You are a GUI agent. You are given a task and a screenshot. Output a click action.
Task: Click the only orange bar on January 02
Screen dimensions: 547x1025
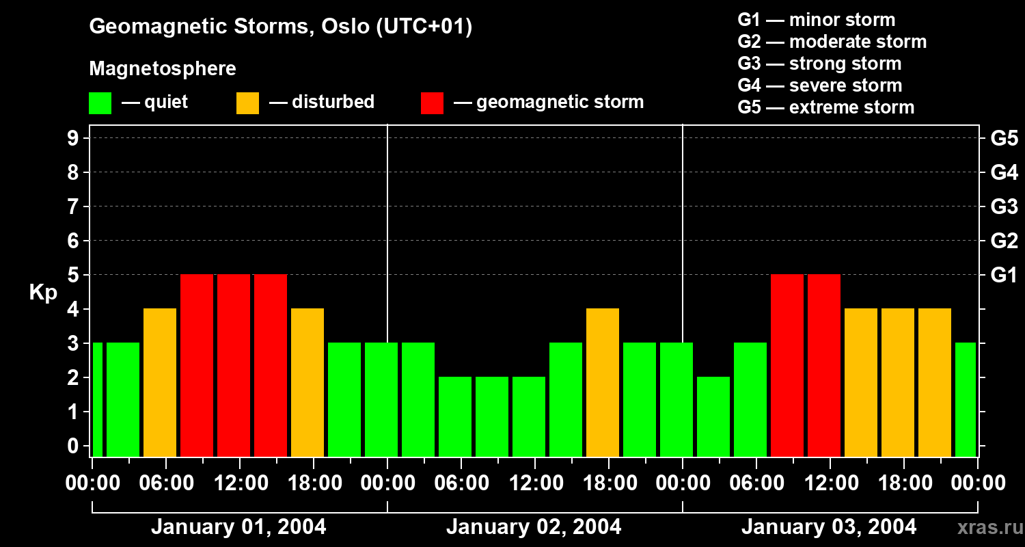point(603,382)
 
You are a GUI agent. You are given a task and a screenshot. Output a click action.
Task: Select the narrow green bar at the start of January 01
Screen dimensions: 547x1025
point(98,399)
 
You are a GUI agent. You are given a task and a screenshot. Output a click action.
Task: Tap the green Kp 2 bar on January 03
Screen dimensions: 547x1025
point(713,416)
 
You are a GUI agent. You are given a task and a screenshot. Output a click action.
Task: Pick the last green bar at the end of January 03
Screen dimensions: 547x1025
point(966,399)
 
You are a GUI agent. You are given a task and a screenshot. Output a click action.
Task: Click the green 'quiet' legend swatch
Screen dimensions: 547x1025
point(100,103)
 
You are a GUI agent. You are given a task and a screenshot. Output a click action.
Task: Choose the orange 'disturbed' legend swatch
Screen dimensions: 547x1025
point(247,103)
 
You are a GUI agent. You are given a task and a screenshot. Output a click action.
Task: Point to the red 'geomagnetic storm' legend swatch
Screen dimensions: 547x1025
point(432,103)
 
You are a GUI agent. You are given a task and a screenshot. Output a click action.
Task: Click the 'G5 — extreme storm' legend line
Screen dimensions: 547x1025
point(825,107)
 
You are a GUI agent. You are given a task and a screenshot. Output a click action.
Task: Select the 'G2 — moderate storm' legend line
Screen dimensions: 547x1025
point(832,42)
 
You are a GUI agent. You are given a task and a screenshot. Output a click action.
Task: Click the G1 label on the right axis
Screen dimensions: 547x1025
point(1004,276)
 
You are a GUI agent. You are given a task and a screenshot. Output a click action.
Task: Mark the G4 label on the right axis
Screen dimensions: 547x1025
point(1004,173)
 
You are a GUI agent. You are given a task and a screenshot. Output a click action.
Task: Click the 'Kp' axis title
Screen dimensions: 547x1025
point(43,293)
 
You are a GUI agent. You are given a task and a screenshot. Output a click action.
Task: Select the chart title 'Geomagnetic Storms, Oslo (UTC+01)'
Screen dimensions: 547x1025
point(281,27)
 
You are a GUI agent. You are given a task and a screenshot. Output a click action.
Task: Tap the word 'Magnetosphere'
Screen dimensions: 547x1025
point(163,69)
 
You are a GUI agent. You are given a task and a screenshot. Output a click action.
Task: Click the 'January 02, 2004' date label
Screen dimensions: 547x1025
point(534,527)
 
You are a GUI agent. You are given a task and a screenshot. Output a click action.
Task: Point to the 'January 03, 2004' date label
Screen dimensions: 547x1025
point(829,527)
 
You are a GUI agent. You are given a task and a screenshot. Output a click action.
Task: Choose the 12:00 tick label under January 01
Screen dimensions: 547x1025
point(241,483)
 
